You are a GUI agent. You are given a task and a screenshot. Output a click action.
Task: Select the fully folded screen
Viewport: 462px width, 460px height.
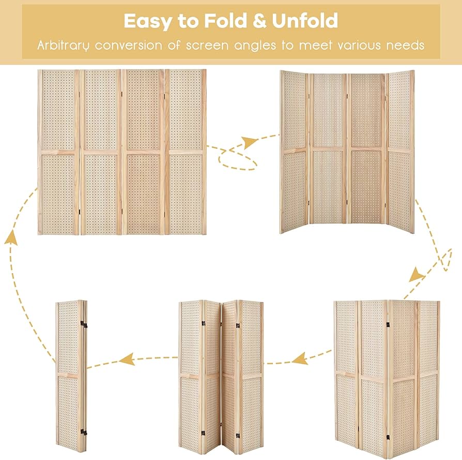point(71,376)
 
